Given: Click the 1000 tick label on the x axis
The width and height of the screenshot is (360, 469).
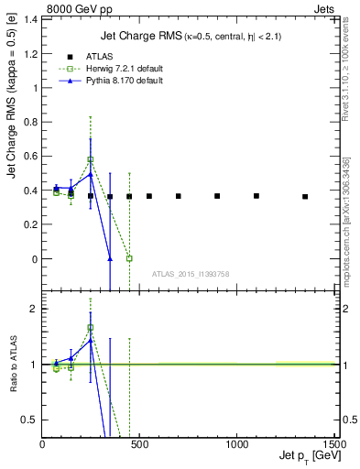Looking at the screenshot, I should tap(236, 444).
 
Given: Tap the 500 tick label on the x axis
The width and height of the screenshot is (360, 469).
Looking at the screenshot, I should tap(139, 444).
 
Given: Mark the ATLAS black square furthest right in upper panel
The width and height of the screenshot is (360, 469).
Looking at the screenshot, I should tap(305, 196).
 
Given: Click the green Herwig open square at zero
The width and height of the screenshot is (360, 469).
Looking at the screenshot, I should tap(129, 258).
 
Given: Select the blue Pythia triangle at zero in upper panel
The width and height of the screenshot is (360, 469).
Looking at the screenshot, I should tap(110, 258).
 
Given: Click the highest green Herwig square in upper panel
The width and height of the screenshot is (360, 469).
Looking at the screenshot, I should tap(90, 159).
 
